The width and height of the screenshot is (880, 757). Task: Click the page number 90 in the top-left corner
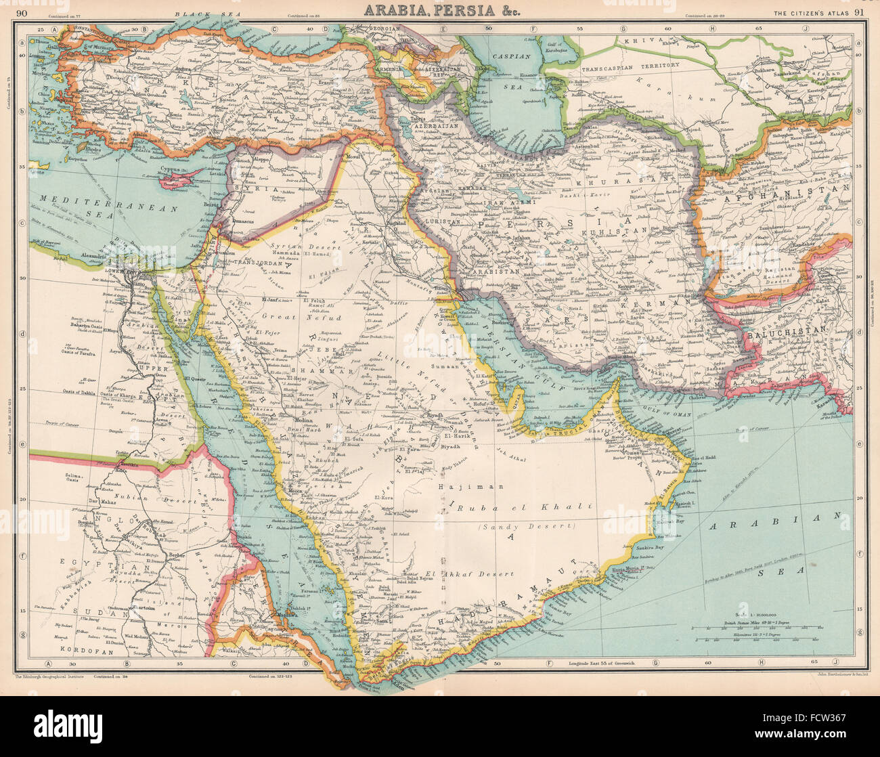[x=22, y=12]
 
